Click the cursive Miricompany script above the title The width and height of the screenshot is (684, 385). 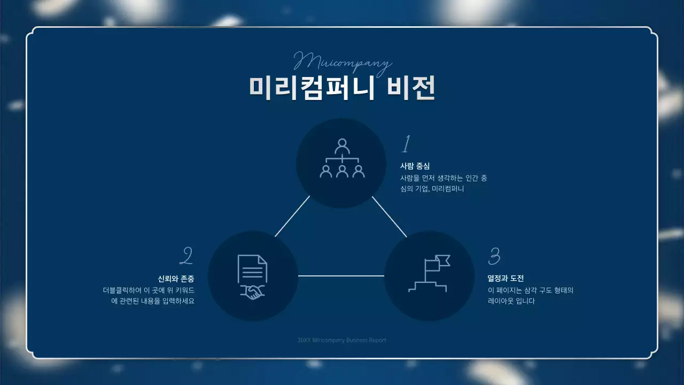pyautogui.click(x=343, y=61)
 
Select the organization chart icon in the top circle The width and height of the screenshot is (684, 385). pyautogui.click(x=342, y=159)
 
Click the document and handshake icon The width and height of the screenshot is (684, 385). pyautogui.click(x=252, y=276)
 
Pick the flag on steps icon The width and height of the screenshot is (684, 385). pyautogui.click(x=429, y=273)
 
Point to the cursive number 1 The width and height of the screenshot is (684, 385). pyautogui.click(x=406, y=144)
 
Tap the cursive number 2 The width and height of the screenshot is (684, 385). pyautogui.click(x=186, y=256)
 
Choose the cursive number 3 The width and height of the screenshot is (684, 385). pyautogui.click(x=494, y=256)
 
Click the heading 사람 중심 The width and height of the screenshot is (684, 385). pyautogui.click(x=415, y=166)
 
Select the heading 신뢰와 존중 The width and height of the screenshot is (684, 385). pyautogui.click(x=176, y=279)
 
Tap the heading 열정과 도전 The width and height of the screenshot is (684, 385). pyautogui.click(x=506, y=279)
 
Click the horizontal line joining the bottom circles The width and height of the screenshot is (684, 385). pyautogui.click(x=341, y=276)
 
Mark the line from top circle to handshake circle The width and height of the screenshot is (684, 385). pyautogui.click(x=292, y=217)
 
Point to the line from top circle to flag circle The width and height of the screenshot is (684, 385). pyautogui.click(x=389, y=217)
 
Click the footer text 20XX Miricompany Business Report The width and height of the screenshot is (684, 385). pyautogui.click(x=342, y=340)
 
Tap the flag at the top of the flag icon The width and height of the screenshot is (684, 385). pyautogui.click(x=442, y=260)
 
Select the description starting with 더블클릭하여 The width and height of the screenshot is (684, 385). pyautogui.click(x=149, y=296)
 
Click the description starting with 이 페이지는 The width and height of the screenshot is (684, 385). pyautogui.click(x=531, y=296)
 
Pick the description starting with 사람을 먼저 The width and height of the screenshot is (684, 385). pyautogui.click(x=444, y=183)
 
